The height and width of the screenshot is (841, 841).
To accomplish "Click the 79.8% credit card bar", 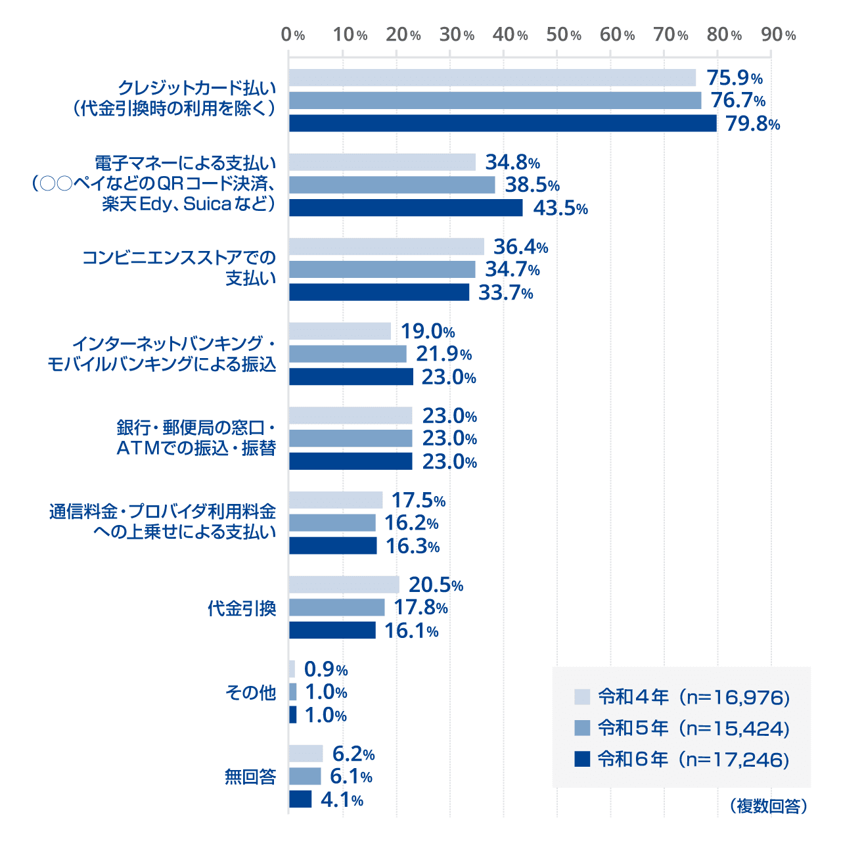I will click(x=503, y=124).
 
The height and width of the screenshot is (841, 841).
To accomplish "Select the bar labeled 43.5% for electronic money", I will click(x=405, y=208).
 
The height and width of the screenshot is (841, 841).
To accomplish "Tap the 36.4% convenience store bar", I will click(x=386, y=246).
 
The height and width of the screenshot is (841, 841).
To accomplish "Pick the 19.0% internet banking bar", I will click(x=340, y=331).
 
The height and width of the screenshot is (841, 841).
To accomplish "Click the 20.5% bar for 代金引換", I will click(x=344, y=585).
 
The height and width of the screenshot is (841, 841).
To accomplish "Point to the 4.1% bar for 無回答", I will click(x=300, y=800).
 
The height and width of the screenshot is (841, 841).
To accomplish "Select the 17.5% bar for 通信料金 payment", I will click(x=336, y=500).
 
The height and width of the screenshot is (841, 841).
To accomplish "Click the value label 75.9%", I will click(x=734, y=78).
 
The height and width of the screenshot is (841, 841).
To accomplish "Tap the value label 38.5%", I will click(x=532, y=185).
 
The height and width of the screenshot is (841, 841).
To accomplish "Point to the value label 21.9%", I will click(x=443, y=354).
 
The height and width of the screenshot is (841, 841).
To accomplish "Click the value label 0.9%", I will click(x=326, y=670).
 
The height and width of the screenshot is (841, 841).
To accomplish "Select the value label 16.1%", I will click(x=411, y=631).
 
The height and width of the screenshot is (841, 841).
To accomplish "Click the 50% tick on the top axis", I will click(x=563, y=35).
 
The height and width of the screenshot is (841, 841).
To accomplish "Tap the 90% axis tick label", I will click(x=778, y=35).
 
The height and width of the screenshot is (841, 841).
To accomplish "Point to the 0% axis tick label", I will click(x=292, y=35).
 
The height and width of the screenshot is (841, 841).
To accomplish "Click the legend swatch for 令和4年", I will click(x=582, y=696).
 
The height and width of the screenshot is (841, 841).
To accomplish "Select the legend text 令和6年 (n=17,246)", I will click(x=693, y=760).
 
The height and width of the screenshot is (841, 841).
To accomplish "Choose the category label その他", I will click(x=250, y=693).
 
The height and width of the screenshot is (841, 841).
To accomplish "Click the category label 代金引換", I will click(x=242, y=608).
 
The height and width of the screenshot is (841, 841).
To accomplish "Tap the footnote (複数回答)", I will click(x=768, y=806).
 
